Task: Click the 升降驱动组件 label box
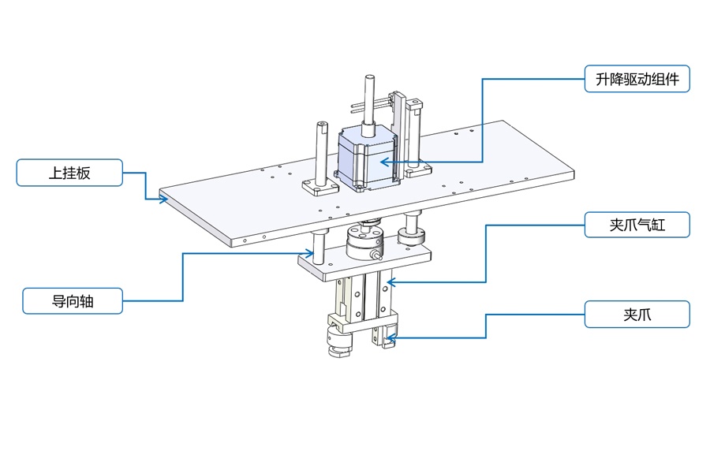[637, 79]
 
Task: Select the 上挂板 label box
[70, 173]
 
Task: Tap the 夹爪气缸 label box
[637, 225]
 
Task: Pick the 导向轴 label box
[72, 300]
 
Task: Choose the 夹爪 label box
[637, 315]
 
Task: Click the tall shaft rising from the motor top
[368, 99]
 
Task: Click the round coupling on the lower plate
[365, 243]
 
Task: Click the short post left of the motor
[323, 154]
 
